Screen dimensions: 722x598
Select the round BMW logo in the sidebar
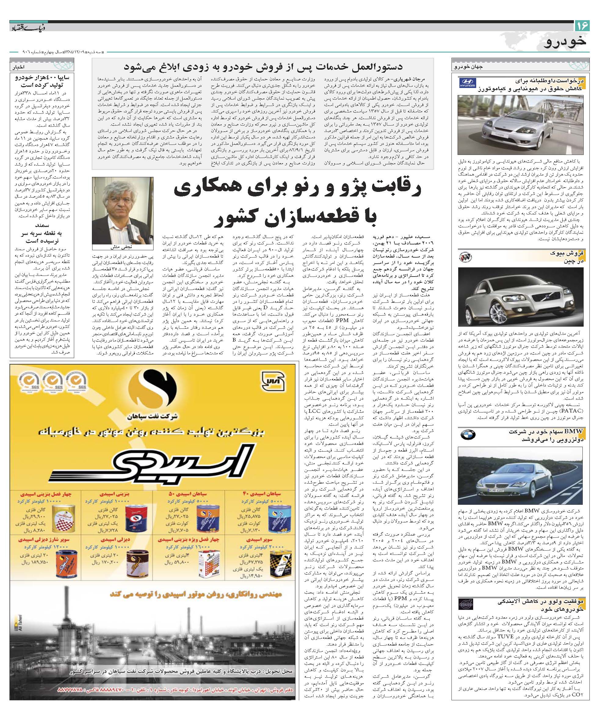[x=468, y=434]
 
